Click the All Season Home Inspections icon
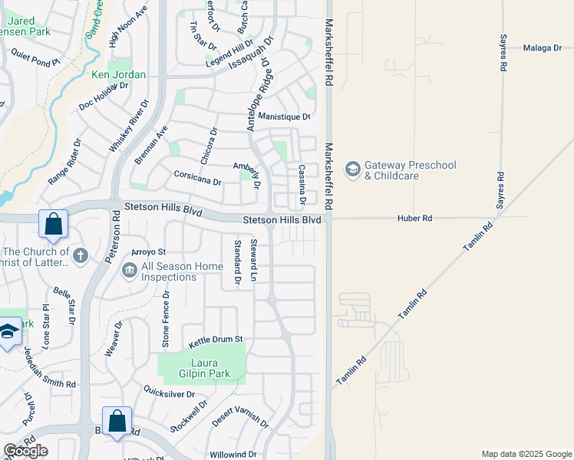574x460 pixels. pyautogui.click(x=129, y=270)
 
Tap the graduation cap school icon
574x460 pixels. pyautogui.click(x=8, y=332)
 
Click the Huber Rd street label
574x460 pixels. pyautogui.click(x=414, y=219)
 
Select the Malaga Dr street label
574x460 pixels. pyautogui.click(x=543, y=48)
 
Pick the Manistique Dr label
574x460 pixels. pyautogui.click(x=284, y=117)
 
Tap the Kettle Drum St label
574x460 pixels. pyautogui.click(x=216, y=338)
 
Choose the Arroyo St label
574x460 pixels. pyautogui.click(x=149, y=251)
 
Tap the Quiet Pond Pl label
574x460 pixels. pyautogui.click(x=35, y=59)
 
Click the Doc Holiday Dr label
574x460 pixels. pyautogui.click(x=102, y=97)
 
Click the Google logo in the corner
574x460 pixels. pyautogui.click(x=25, y=451)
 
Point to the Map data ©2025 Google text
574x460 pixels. pyautogui.click(x=526, y=454)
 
